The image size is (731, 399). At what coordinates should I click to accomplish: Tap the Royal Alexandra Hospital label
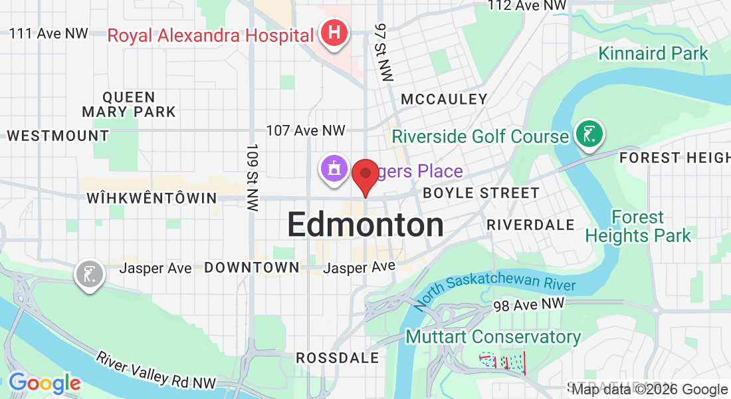click(210, 35)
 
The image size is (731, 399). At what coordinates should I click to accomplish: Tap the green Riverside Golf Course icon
click(589, 135)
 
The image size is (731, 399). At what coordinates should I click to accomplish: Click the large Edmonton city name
click(365, 225)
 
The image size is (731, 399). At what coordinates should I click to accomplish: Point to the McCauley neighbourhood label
click(445, 100)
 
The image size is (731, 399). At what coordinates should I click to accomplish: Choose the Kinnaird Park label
click(653, 53)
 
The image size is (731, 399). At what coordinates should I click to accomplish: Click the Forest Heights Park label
click(638, 227)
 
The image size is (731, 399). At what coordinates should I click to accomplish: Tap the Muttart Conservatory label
click(493, 337)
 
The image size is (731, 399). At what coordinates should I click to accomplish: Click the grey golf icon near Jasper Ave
click(90, 273)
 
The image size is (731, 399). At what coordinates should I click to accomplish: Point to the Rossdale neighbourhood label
click(338, 358)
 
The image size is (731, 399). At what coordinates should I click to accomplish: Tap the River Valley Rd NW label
click(156, 370)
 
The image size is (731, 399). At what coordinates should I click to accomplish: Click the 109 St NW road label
click(252, 177)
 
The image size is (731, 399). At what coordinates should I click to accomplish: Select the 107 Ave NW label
click(306, 130)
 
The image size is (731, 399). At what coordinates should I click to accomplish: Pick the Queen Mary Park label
click(129, 104)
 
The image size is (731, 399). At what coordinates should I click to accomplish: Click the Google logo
click(45, 383)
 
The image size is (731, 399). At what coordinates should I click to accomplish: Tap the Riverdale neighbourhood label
click(530, 225)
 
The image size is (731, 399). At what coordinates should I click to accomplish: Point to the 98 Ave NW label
click(529, 305)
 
